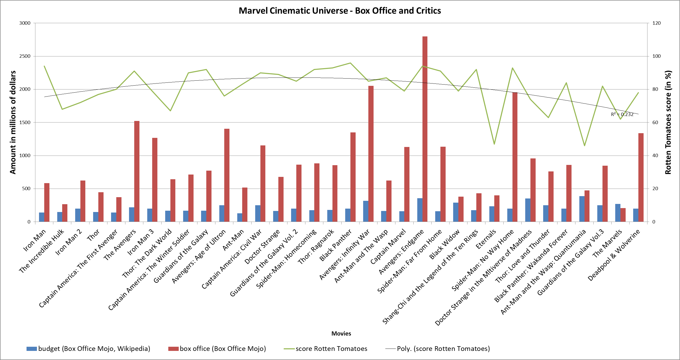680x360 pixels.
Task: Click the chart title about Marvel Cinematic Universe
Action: point(340,11)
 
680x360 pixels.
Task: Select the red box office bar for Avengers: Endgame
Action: point(425,129)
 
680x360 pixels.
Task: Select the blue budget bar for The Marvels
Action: point(618,213)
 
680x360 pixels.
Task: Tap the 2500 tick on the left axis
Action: point(25,56)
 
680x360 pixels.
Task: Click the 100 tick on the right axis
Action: point(656,56)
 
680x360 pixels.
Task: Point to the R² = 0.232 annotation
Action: point(622,114)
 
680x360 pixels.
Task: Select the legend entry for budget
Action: point(88,349)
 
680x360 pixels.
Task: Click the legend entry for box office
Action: point(217,349)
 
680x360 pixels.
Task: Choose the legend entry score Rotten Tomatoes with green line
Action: point(325,349)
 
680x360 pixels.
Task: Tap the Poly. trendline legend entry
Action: point(437,349)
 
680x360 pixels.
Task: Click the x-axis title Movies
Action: point(341,334)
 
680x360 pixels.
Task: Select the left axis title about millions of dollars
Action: point(13,122)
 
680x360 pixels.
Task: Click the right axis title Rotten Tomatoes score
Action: point(668,122)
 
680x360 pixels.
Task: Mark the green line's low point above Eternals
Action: point(494,144)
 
